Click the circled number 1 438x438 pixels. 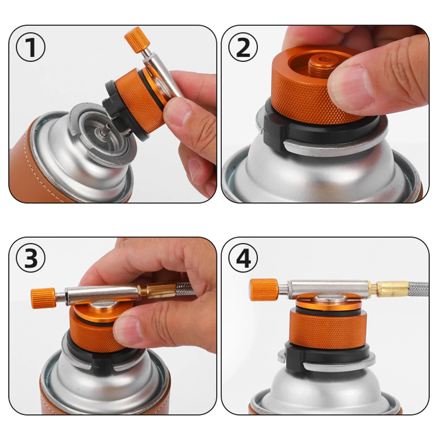click(x=31, y=47)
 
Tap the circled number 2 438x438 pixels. click(x=243, y=47)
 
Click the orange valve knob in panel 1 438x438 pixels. click(x=137, y=40)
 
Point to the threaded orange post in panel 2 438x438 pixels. click(x=321, y=67)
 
